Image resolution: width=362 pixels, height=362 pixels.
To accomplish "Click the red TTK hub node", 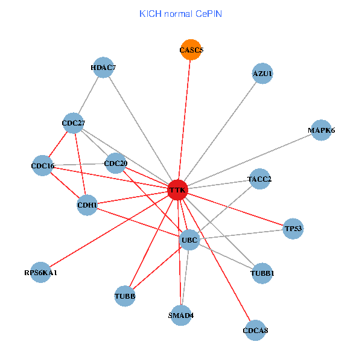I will (x=177, y=190).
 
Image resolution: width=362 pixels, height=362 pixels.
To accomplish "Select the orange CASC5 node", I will (x=191, y=49).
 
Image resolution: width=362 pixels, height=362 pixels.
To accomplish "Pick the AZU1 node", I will (x=262, y=74).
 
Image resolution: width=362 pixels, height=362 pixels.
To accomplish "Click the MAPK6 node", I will (x=321, y=130).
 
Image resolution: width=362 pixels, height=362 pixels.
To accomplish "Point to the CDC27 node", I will (x=74, y=124).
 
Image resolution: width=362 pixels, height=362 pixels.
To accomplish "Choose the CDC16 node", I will (x=43, y=165).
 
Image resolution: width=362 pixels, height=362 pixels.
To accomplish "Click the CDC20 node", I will (x=116, y=163).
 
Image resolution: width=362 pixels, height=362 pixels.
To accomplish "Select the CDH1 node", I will (x=87, y=205).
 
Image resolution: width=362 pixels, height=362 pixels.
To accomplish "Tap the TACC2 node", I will (x=259, y=179).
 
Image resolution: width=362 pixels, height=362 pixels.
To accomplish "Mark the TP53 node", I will (x=293, y=229).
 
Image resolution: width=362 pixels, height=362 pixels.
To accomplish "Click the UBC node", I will (x=189, y=240).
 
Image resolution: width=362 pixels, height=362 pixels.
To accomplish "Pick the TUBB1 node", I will (x=262, y=273).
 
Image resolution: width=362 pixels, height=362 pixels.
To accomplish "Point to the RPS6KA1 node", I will (x=40, y=273).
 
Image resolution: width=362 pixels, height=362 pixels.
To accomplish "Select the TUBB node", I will (x=125, y=296).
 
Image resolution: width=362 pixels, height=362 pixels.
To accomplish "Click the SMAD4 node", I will (x=181, y=315).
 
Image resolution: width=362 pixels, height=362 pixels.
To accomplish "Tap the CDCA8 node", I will (x=255, y=330).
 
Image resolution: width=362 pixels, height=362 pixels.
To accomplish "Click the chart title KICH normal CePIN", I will (x=180, y=13).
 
